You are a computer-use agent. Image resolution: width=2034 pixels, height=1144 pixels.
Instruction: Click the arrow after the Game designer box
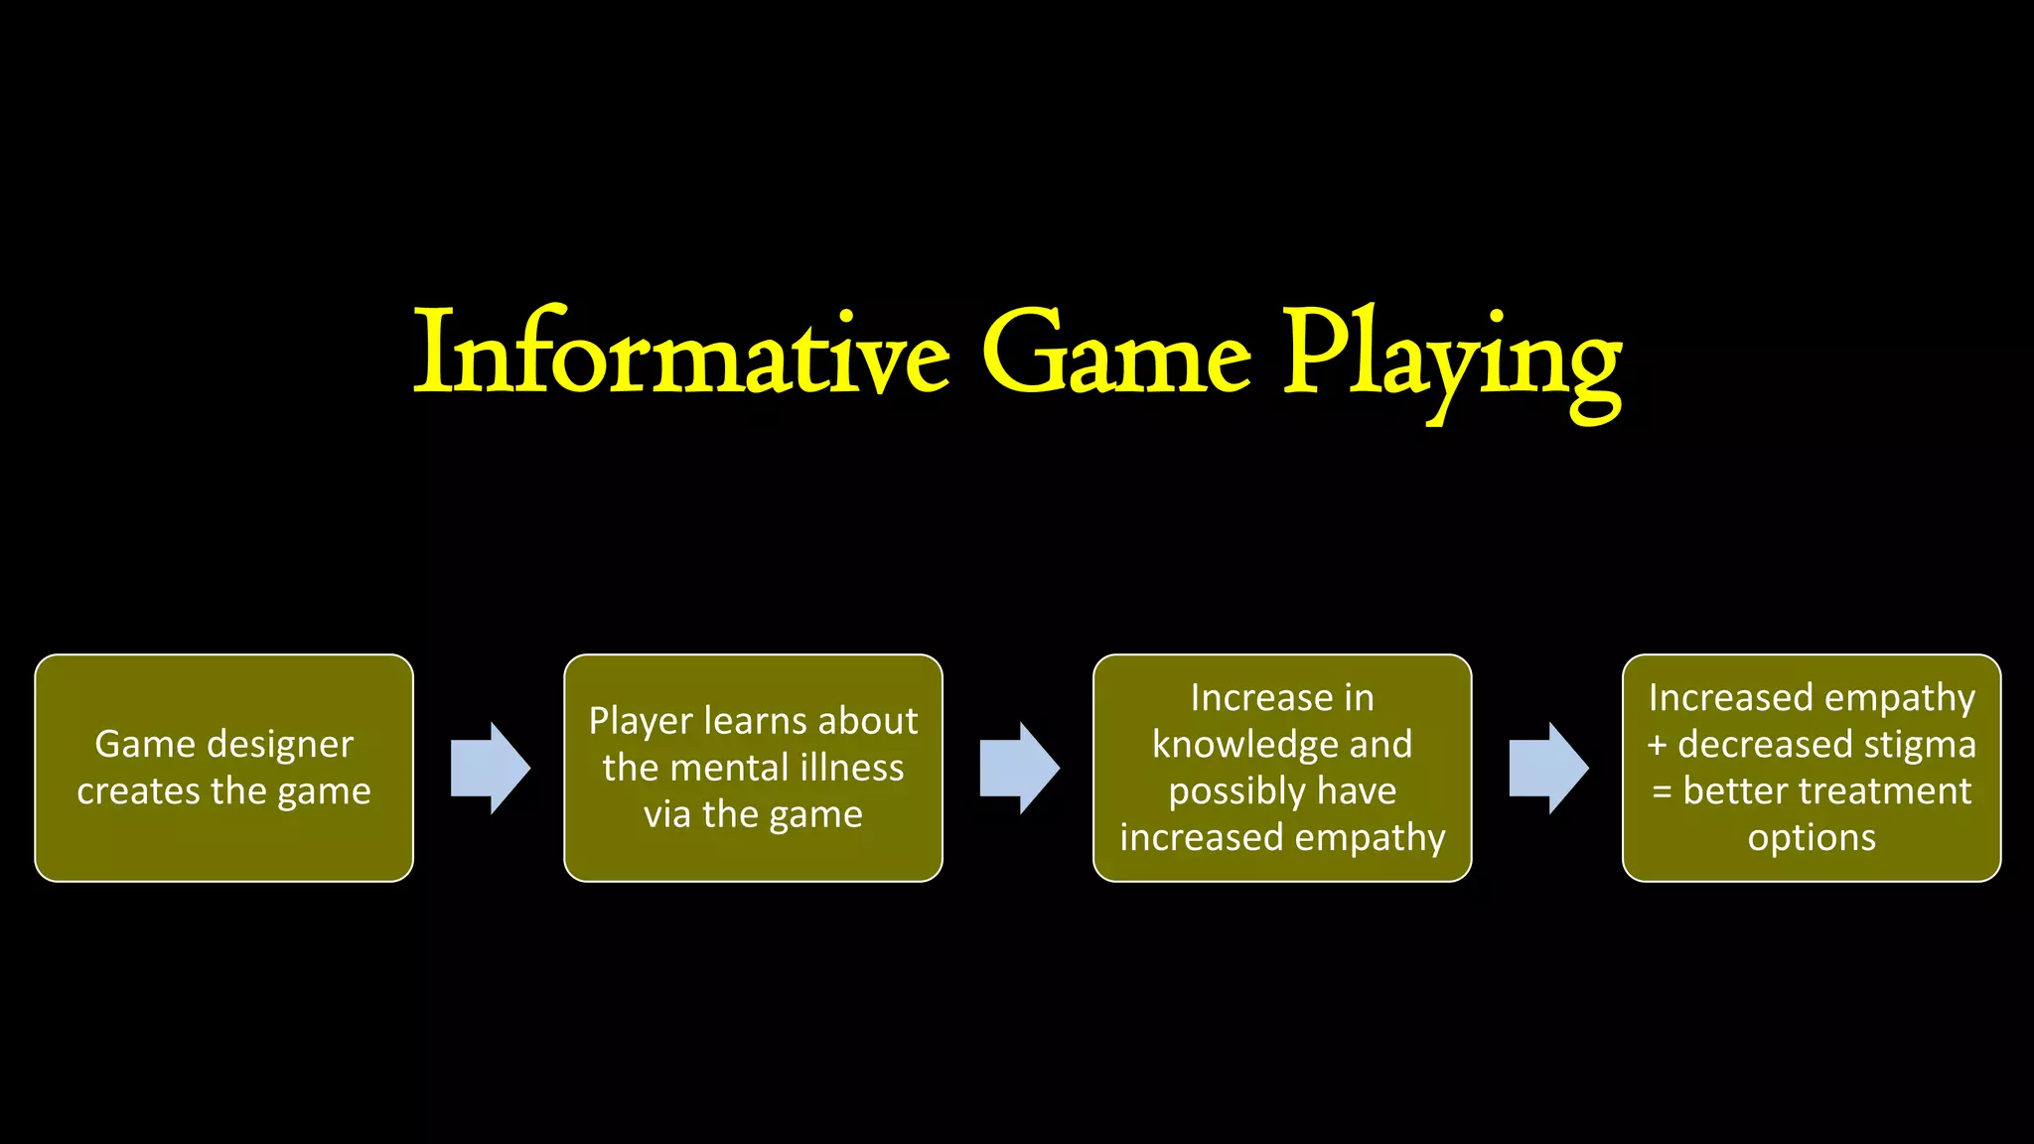point(491,768)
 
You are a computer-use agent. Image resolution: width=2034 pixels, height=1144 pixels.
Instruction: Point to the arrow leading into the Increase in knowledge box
point(1020,768)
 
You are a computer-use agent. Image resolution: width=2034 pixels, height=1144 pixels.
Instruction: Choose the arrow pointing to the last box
point(1549,768)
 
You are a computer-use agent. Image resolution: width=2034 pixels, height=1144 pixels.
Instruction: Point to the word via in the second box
point(667,814)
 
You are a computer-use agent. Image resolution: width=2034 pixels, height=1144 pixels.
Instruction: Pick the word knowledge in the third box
point(1237,745)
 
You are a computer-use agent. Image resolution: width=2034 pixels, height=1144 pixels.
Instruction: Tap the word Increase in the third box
point(1247,698)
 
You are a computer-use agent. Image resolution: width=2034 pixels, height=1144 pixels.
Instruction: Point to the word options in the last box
point(1812,838)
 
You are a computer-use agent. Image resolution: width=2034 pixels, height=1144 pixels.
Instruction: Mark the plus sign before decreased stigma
point(1658,745)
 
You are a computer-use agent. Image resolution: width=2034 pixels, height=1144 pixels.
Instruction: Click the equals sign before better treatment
point(1662,791)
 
